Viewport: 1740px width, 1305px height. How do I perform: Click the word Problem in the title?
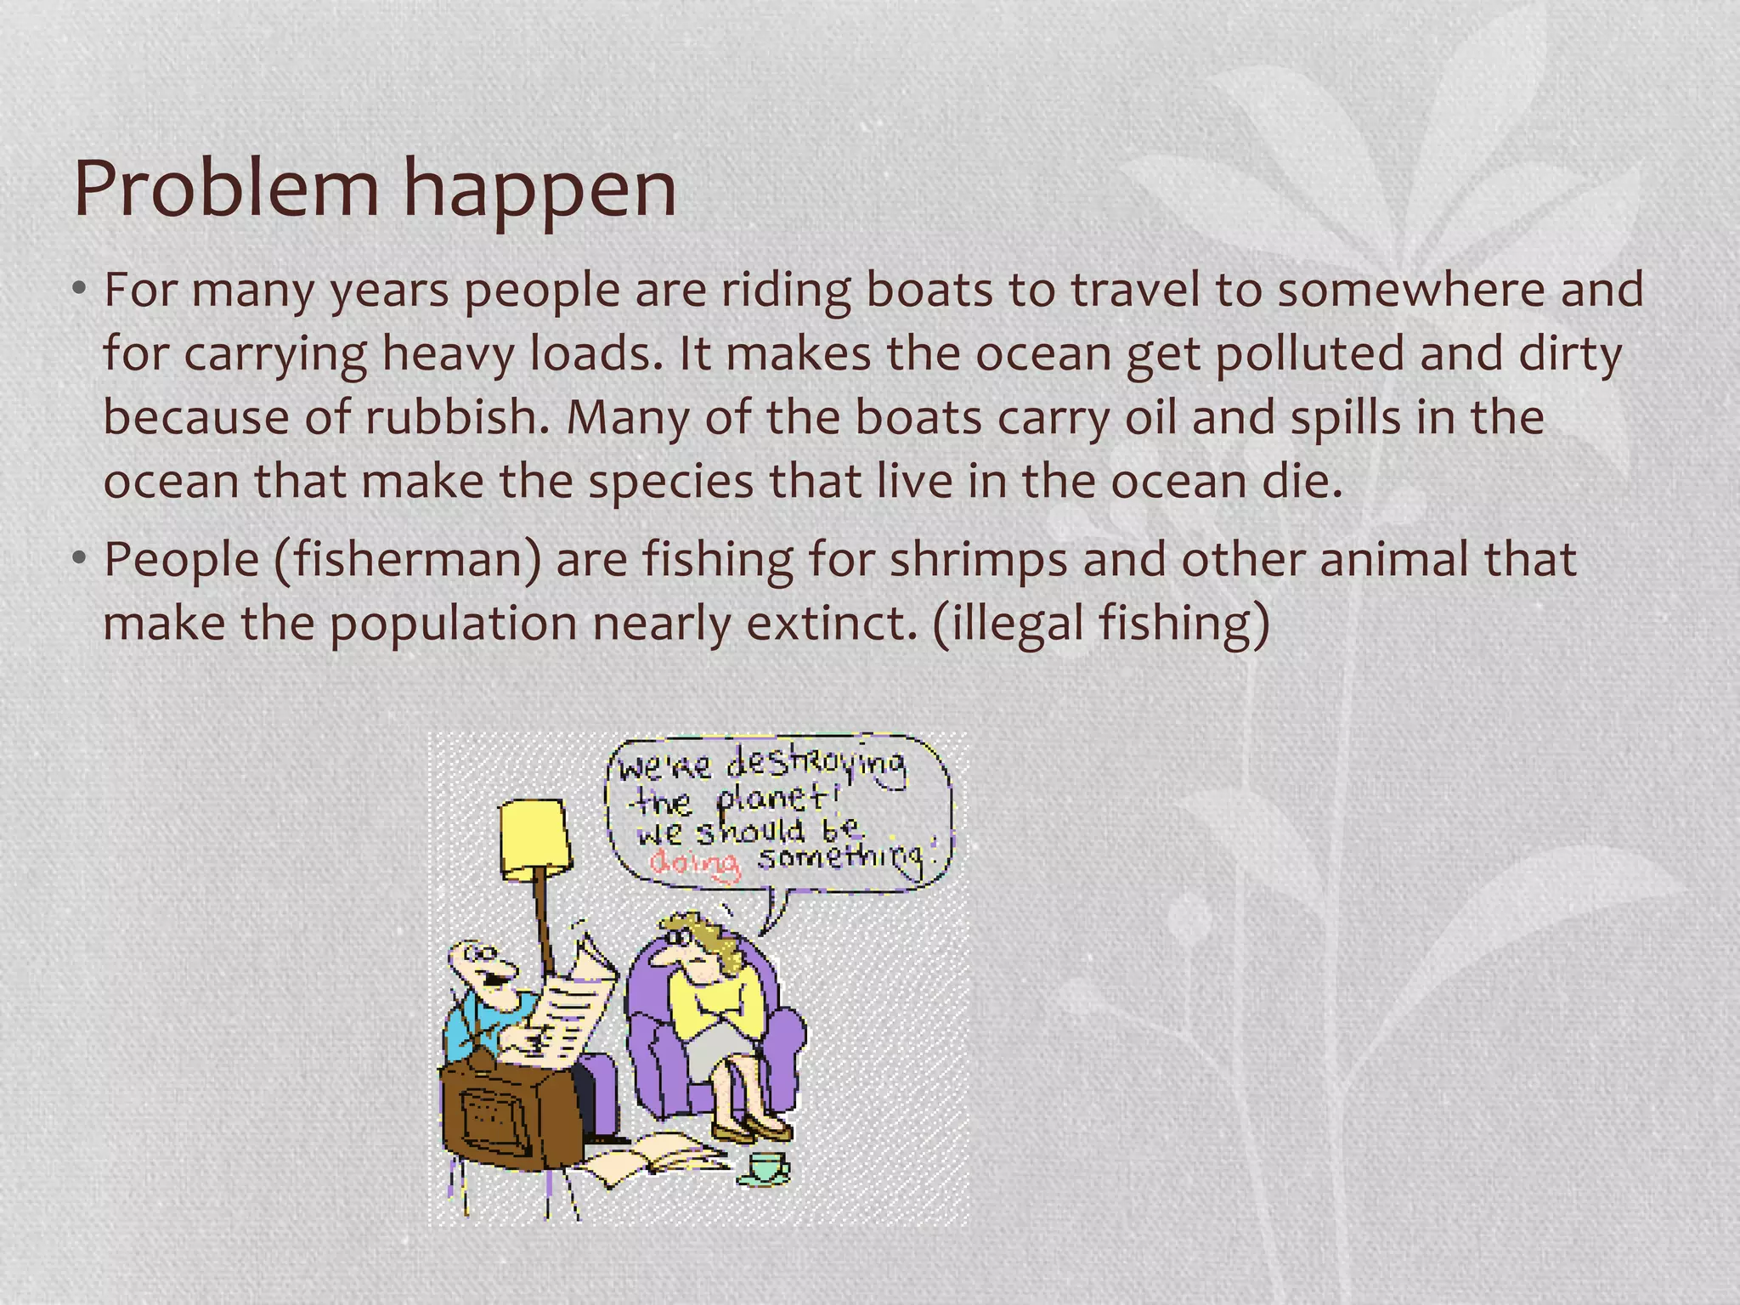[x=226, y=189]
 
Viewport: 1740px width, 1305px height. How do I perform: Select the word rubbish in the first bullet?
[x=457, y=417]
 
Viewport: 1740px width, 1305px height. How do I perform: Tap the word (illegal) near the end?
[x=1008, y=624]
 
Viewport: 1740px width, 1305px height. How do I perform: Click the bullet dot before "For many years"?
[x=79, y=291]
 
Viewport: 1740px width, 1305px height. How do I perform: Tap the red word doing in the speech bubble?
[x=695, y=863]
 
